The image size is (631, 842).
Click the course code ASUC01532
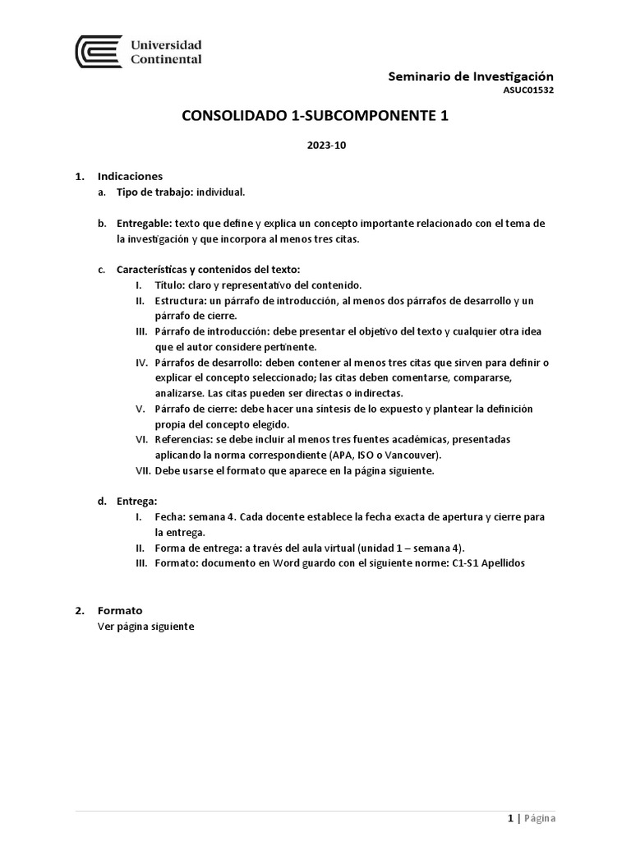528,90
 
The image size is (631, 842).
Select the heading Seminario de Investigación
472,76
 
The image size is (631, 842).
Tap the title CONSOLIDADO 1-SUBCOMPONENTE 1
315,117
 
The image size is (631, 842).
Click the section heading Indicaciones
130,176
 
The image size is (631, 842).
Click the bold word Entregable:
143,224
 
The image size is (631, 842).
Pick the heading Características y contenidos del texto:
209,269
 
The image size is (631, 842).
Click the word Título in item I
168,285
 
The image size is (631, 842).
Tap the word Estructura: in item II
180,300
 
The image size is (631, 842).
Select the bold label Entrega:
137,501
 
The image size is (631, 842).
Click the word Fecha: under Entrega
169,516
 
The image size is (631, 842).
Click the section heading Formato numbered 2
120,610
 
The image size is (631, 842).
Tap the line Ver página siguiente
145,626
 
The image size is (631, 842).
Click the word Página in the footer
540,818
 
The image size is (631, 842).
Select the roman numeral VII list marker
140,471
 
